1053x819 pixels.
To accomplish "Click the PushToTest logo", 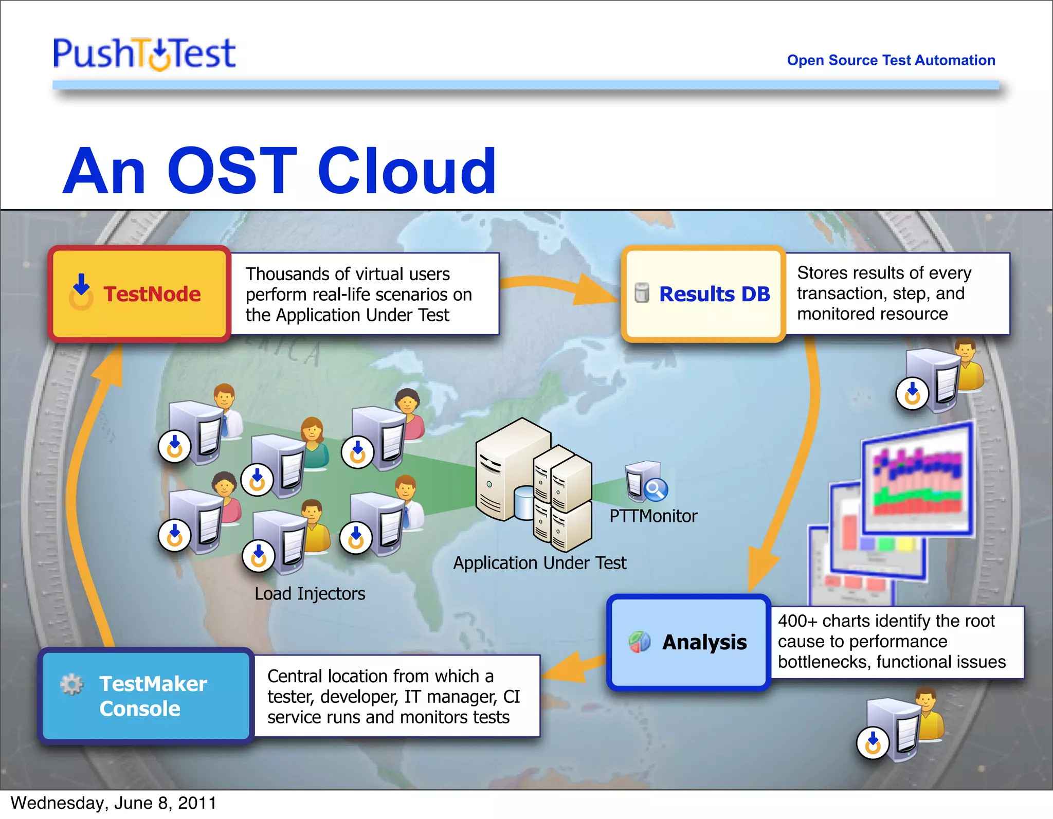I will point(144,53).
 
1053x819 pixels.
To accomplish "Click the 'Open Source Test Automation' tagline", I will point(891,60).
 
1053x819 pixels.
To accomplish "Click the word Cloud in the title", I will point(407,171).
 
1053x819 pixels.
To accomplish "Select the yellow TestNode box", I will point(139,294).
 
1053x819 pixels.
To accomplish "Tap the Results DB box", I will point(703,294).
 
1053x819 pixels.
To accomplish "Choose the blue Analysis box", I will point(688,642).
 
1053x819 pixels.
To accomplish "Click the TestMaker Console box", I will point(146,696).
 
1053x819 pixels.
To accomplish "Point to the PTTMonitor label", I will point(653,516).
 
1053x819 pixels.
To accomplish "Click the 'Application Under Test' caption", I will point(539,563).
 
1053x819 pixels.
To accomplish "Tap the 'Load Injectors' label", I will point(310,594).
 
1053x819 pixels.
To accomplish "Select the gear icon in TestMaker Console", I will point(71,684).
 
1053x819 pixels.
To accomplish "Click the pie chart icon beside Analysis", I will point(640,642).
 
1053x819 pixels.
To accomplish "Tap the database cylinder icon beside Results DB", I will point(641,293).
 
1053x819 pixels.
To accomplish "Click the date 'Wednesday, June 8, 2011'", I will point(113,803).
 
